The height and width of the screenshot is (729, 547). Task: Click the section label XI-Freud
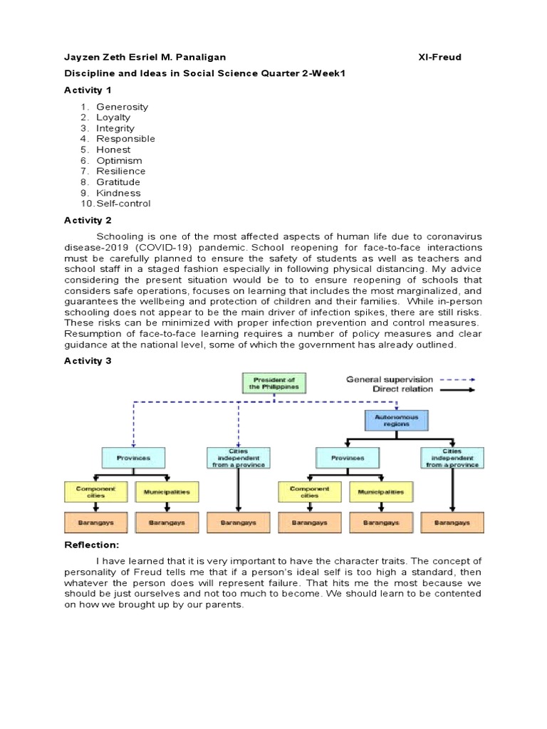point(439,57)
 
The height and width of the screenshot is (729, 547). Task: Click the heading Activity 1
point(88,90)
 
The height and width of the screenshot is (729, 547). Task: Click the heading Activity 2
point(88,220)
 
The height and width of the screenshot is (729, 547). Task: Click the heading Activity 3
point(88,361)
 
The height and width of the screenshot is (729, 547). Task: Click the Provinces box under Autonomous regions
point(347,458)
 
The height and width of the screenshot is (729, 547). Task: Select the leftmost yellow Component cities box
point(95,491)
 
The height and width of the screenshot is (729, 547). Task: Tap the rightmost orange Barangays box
point(452,523)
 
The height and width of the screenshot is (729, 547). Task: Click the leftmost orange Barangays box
point(95,523)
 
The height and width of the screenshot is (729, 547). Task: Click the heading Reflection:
point(90,545)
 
